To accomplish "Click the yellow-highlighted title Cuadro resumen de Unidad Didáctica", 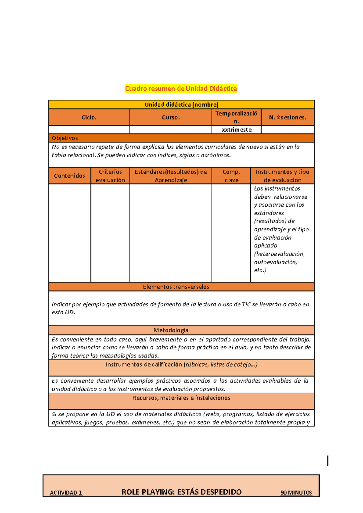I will (x=181, y=89).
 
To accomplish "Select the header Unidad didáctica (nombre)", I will (x=181, y=105).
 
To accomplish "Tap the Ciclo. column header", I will (x=89, y=117).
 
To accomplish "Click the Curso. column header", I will (x=171, y=117).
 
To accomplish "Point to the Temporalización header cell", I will (x=236, y=117).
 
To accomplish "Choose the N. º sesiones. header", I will (x=287, y=117).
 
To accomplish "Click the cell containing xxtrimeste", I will (x=237, y=130).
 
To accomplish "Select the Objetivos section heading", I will (x=65, y=138).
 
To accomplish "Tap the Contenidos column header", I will (x=70, y=176).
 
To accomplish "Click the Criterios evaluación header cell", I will (x=110, y=176).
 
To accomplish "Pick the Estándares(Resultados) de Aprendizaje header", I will (x=171, y=176).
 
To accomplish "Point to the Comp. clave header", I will (x=231, y=176).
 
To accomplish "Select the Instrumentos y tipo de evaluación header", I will (x=282, y=176).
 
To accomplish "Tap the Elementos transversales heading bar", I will (x=176, y=287).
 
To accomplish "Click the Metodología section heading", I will (x=171, y=330).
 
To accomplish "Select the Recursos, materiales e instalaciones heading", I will (x=181, y=398).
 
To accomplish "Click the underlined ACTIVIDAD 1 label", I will (x=66, y=492).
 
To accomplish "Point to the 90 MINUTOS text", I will (x=296, y=492).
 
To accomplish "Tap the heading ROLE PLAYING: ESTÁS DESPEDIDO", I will (x=181, y=492).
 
